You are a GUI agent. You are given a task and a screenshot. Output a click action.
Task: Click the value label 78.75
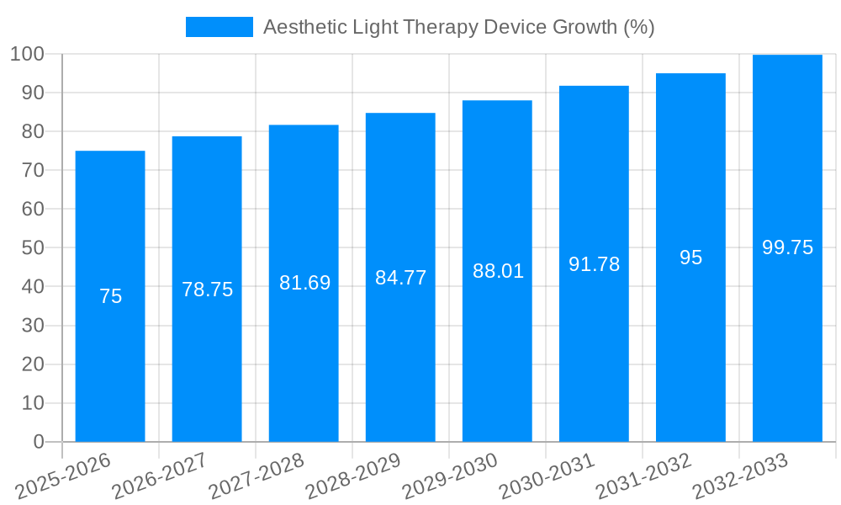[x=207, y=290]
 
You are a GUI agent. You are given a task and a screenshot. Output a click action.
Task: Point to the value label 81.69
[x=304, y=283]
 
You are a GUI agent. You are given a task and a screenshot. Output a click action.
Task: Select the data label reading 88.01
[x=498, y=271]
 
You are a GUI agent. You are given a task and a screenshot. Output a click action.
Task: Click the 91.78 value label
[x=594, y=264]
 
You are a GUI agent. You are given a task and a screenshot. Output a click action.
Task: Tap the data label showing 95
[x=690, y=258]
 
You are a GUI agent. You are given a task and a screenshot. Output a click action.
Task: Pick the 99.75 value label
[x=787, y=247]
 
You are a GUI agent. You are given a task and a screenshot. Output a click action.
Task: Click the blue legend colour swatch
[x=219, y=27]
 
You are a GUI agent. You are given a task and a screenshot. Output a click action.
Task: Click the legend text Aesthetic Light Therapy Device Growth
[x=458, y=27]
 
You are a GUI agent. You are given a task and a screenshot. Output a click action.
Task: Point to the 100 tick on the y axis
[x=27, y=55]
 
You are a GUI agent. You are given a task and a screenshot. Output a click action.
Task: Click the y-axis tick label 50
[x=33, y=248]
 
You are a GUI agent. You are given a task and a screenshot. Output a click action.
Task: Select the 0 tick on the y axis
[x=38, y=442]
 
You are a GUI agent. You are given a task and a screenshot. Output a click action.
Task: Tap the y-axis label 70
[x=33, y=171]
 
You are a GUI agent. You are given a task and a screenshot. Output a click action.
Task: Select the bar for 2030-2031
[x=594, y=353]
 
